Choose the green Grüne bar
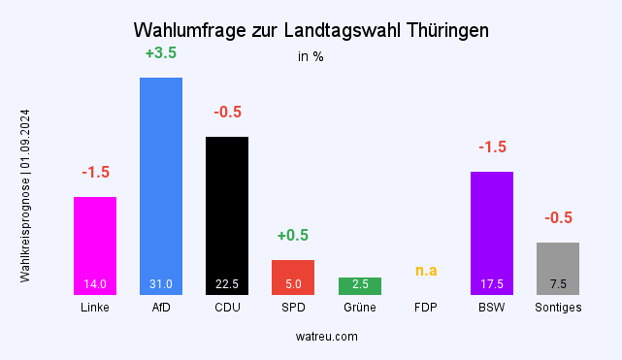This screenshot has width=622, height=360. click(359, 285)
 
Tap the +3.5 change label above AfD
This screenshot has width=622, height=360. click(161, 53)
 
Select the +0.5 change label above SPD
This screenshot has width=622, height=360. click(293, 236)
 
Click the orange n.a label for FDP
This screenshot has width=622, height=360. click(426, 270)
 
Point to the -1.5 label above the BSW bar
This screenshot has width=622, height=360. click(492, 147)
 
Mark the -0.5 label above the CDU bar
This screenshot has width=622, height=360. click(227, 113)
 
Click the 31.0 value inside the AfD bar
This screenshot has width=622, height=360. click(161, 284)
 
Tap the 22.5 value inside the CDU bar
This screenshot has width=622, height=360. click(227, 284)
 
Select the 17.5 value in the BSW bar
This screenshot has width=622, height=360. click(492, 284)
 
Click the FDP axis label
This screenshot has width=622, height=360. click(426, 308)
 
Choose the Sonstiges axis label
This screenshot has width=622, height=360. click(558, 308)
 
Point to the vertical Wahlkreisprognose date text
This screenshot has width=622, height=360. click(25, 195)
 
